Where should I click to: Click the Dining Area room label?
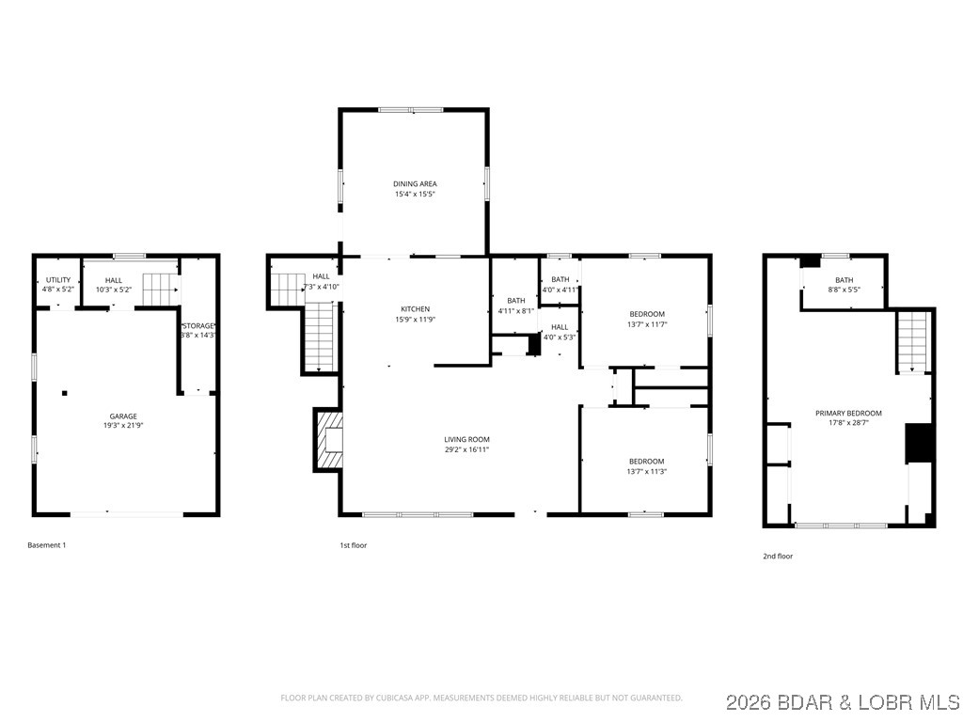click(x=415, y=184)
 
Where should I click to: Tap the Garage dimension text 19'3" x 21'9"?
click(x=123, y=426)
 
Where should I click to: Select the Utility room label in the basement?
click(x=58, y=280)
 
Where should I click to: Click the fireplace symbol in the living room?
click(x=330, y=439)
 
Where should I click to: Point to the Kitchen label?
click(x=415, y=309)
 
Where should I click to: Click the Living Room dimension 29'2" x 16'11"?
click(x=467, y=449)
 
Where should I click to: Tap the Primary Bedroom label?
click(x=848, y=413)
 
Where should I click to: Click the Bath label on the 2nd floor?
click(x=845, y=280)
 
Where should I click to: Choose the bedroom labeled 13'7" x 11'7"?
click(x=646, y=319)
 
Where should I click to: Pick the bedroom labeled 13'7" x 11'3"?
click(x=646, y=466)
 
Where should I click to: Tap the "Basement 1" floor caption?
click(x=47, y=545)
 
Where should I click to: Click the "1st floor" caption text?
click(x=354, y=545)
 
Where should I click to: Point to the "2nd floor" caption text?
click(x=778, y=557)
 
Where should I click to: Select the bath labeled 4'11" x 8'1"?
click(x=515, y=306)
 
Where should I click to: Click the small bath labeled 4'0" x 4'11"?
click(x=560, y=284)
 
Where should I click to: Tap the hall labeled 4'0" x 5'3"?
click(x=560, y=332)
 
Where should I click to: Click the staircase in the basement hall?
click(x=160, y=289)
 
